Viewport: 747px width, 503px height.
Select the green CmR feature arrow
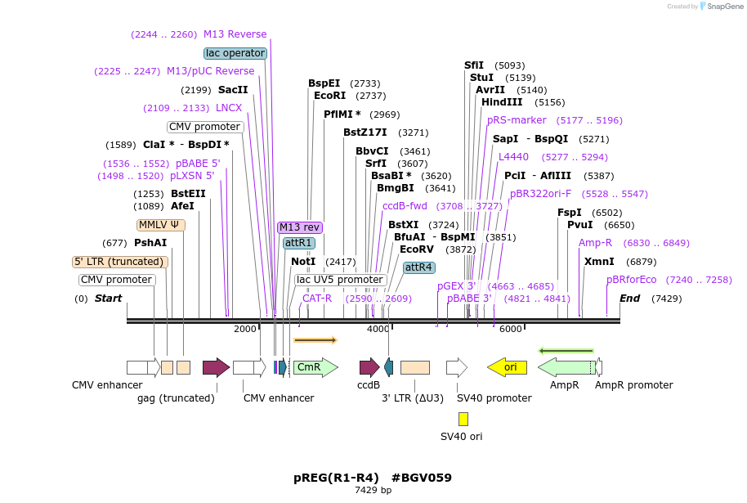click(x=315, y=367)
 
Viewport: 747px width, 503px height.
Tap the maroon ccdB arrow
click(x=369, y=367)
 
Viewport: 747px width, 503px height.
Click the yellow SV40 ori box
click(x=463, y=419)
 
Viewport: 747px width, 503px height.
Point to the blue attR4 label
click(x=419, y=267)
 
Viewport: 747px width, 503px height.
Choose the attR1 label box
click(x=298, y=243)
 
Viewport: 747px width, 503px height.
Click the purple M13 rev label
click(x=300, y=227)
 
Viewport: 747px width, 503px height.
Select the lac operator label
click(x=235, y=53)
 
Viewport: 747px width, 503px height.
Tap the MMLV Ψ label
click(x=160, y=225)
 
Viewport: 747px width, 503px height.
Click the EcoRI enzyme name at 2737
click(x=329, y=96)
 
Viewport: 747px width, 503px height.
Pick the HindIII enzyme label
click(x=502, y=102)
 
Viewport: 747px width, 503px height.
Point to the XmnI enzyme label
click(x=599, y=262)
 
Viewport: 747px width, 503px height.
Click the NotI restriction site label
click(x=303, y=262)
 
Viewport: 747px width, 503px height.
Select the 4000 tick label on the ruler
click(x=378, y=329)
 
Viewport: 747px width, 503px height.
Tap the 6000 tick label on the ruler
click(x=510, y=329)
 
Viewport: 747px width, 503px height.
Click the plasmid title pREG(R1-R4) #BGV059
click(x=373, y=478)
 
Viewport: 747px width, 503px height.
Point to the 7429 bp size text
click(x=373, y=491)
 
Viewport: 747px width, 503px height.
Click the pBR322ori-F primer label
click(x=541, y=194)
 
